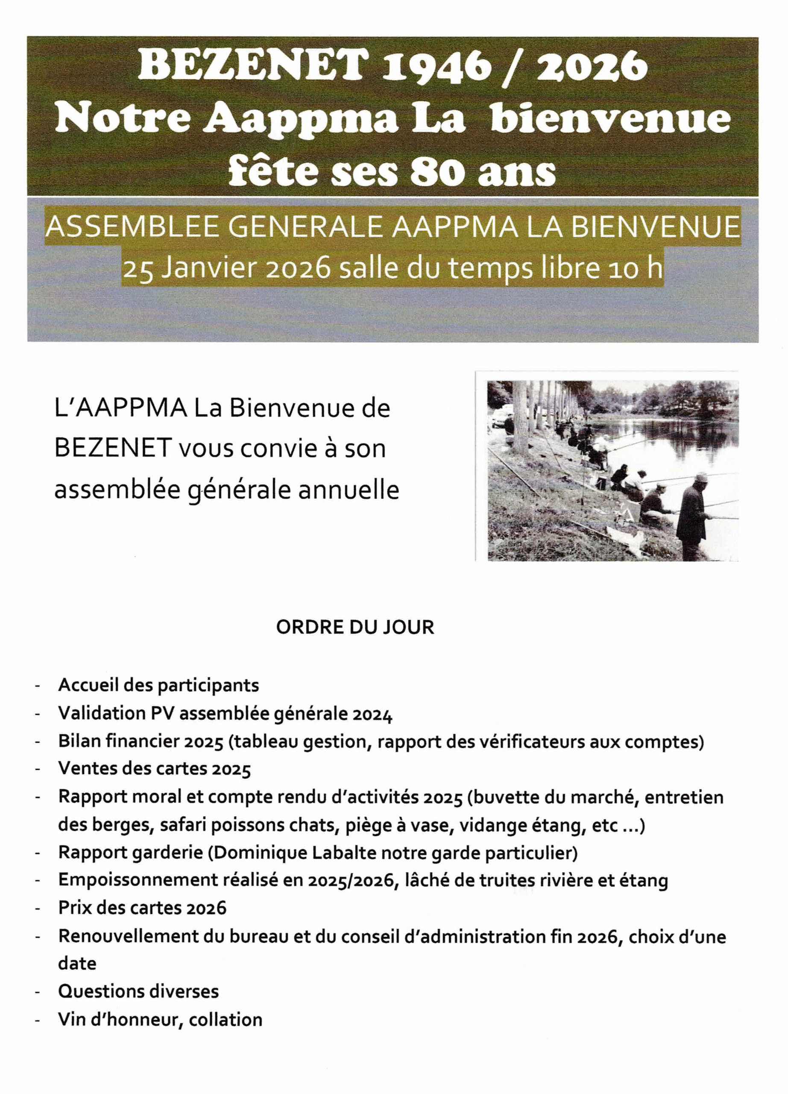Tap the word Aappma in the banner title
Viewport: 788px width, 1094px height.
tap(300, 119)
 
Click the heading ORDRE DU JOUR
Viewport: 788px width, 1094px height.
tap(355, 627)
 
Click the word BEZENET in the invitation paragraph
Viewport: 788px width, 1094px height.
tap(113, 449)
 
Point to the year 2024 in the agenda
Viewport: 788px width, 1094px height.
tap(372, 713)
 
